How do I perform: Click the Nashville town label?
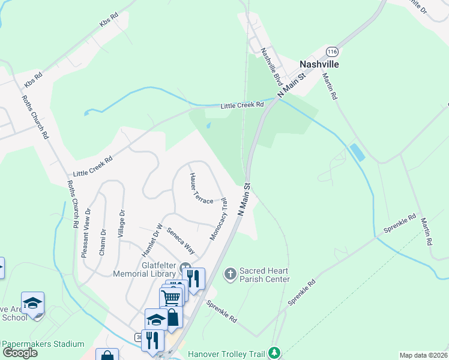[328, 64]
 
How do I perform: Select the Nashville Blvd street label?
[271, 66]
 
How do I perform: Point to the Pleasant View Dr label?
[86, 233]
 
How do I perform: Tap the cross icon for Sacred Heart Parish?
[229, 275]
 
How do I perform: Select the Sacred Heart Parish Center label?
[264, 275]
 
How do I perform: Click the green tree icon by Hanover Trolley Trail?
[274, 352]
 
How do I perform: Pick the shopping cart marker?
[170, 297]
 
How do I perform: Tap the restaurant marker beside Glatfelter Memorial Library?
[193, 277]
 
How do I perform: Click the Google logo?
[20, 353]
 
